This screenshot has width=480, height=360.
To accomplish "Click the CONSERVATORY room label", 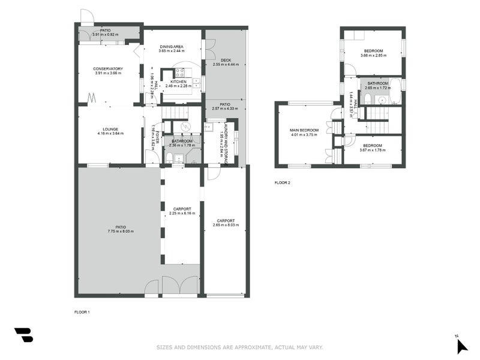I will (108, 68).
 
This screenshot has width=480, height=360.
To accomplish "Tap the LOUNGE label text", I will (110, 129).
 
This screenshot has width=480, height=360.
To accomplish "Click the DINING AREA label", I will (171, 46).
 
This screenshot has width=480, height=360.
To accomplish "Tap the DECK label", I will (226, 59).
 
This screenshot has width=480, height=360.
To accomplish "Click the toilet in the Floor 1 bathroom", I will (170, 158).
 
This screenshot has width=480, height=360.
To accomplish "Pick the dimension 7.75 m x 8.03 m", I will (121, 231).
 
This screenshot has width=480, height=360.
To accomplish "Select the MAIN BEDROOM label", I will (304, 130).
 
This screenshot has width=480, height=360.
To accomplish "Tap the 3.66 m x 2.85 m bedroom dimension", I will (373, 56).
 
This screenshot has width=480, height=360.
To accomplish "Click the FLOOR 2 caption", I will (283, 182).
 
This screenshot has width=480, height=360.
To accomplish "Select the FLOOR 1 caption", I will (82, 312).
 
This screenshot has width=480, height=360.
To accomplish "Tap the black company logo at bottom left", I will (24, 335).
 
